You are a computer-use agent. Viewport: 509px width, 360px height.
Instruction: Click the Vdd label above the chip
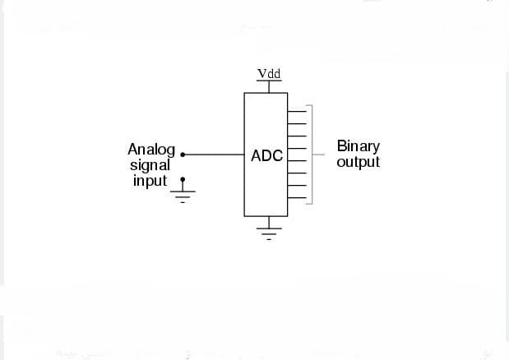pos(269,74)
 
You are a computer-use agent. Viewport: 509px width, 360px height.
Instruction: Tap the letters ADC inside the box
pos(266,155)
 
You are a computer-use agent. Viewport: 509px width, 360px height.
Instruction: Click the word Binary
pos(358,146)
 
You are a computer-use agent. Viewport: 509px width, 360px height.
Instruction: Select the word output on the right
pos(358,162)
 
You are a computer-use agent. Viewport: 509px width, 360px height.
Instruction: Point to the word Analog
pos(151,149)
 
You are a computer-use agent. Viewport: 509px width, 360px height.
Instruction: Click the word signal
pos(150,164)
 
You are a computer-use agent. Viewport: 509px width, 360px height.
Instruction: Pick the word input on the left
pos(150,180)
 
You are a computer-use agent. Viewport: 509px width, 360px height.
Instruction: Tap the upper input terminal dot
pos(183,154)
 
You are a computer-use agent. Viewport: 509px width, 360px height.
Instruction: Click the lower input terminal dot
pos(183,178)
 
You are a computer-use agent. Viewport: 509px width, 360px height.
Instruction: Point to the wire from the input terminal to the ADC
pos(214,154)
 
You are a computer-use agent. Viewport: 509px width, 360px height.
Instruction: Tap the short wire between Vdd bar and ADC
pos(266,88)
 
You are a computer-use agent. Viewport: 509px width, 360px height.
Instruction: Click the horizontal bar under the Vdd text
pos(266,83)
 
